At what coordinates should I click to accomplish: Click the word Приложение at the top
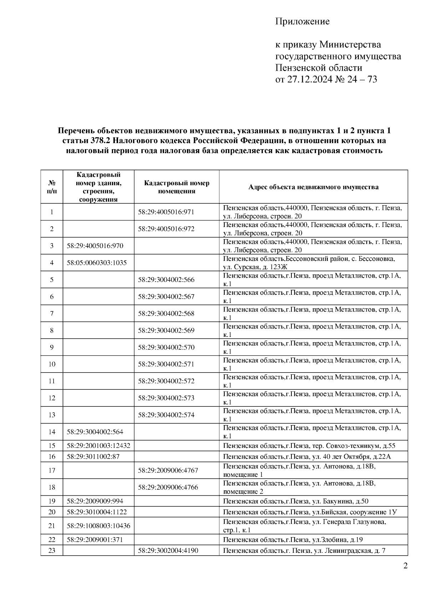click(x=302, y=21)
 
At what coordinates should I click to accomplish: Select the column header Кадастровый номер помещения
click(x=177, y=187)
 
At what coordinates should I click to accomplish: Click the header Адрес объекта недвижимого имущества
click(x=313, y=187)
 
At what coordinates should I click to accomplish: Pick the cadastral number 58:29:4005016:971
click(x=166, y=212)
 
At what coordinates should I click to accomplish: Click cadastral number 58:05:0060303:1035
click(x=97, y=263)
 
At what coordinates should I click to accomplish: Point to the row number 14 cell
click(x=52, y=432)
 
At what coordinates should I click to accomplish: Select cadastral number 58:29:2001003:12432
click(x=98, y=446)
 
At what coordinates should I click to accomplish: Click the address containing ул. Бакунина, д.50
click(x=296, y=501)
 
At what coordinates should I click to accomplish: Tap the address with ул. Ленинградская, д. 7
click(x=304, y=550)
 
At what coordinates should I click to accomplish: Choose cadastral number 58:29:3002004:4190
click(x=168, y=550)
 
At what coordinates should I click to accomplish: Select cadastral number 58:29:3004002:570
click(x=166, y=347)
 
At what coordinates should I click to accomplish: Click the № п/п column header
click(x=52, y=187)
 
